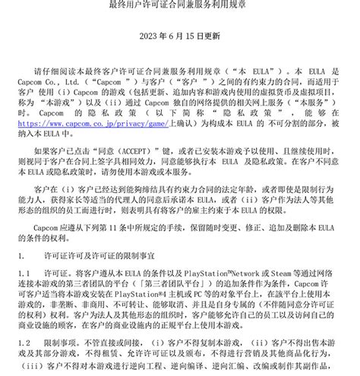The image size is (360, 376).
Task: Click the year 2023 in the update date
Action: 148,36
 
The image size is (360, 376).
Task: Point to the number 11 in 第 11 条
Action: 152,226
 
